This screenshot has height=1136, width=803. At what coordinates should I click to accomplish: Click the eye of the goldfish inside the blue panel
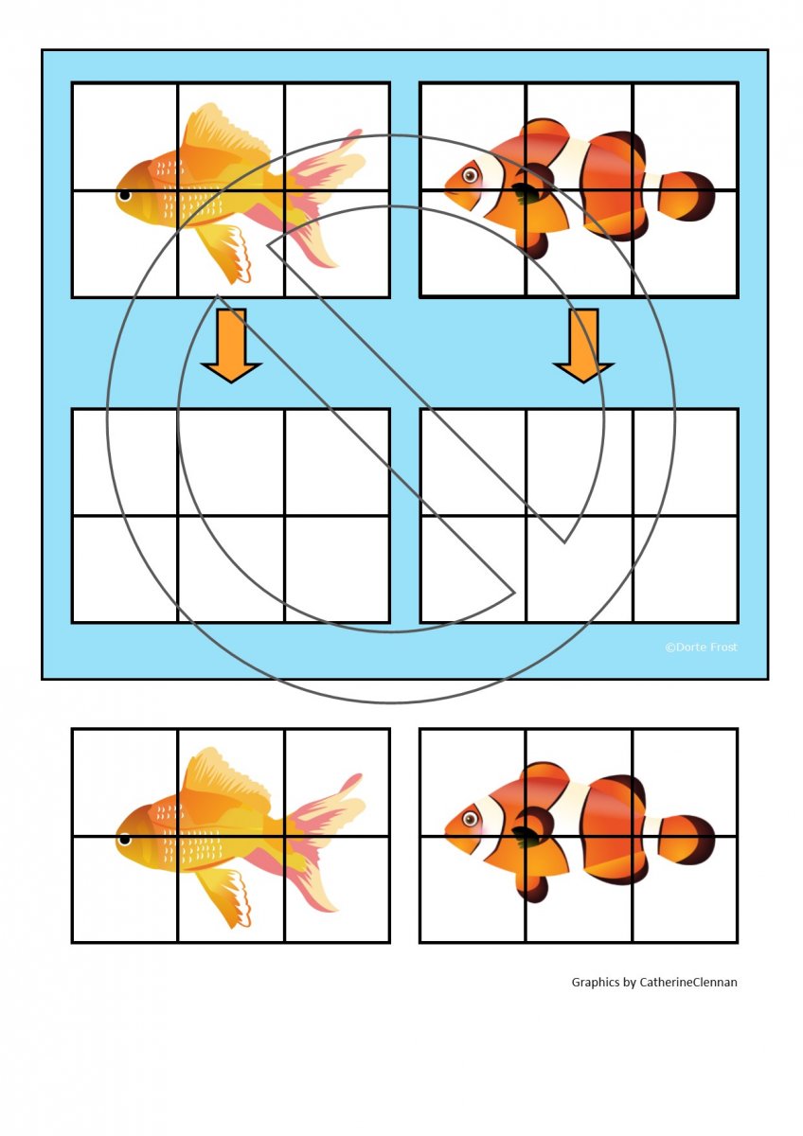point(124,195)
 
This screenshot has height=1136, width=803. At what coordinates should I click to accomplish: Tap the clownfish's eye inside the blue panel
point(471,175)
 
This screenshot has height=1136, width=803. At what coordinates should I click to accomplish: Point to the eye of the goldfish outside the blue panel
point(124,840)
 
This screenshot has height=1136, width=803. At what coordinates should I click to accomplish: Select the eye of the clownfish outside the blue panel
point(471,819)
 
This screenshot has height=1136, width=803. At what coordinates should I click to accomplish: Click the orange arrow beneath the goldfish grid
point(231,345)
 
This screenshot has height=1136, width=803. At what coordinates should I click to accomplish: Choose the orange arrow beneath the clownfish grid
point(584,345)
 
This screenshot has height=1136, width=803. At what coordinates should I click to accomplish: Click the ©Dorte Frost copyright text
point(701,648)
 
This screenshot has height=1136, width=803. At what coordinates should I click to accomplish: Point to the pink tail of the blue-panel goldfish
point(319,198)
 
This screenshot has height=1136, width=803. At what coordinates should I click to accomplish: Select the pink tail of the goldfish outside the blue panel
point(319,842)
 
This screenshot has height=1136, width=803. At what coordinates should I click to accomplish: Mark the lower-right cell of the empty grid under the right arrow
point(685,569)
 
